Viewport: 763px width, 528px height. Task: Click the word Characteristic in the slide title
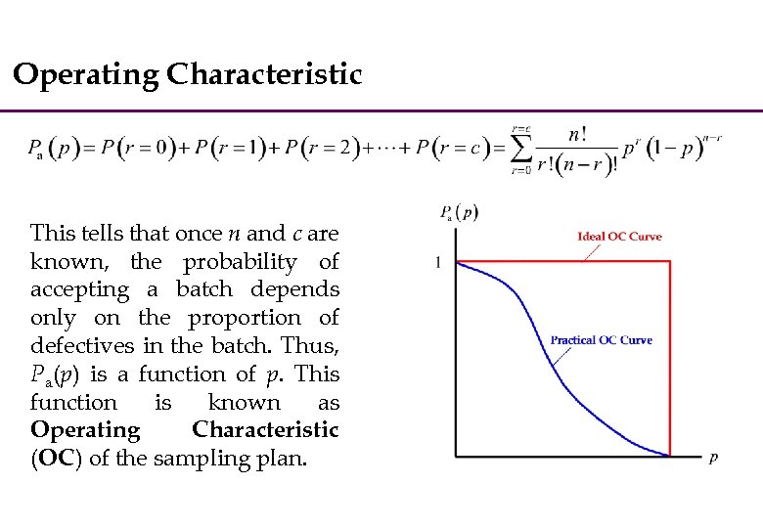pos(264,74)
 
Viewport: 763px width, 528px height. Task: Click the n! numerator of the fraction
pos(578,134)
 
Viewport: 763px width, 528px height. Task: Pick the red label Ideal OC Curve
pos(619,237)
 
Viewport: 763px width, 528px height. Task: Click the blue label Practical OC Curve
pos(601,340)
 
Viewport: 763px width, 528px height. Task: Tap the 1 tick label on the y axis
pos(437,261)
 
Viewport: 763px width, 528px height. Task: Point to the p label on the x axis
pos(713,458)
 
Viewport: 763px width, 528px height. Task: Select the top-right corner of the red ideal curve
pos(670,261)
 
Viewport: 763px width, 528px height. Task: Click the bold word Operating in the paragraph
pos(85,430)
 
